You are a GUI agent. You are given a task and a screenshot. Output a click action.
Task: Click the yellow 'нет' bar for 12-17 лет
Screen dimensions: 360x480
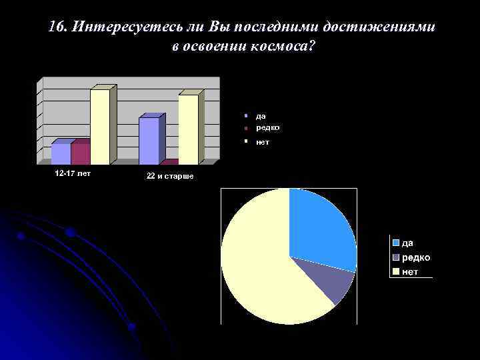100,127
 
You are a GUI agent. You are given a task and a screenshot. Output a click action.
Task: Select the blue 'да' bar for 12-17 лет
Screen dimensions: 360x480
61,153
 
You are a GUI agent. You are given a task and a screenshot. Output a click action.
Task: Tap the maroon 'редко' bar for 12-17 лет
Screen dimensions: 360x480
80,153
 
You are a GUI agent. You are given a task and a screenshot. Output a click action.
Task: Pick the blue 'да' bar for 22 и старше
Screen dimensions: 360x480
149,140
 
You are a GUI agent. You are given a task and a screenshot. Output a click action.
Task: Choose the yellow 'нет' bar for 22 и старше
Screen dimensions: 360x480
188,129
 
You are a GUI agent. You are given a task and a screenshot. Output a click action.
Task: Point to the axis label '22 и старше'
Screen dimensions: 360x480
170,176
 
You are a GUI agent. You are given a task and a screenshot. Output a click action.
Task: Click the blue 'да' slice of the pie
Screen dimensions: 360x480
320,227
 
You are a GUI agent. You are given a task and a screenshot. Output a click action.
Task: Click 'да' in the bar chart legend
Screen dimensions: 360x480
261,115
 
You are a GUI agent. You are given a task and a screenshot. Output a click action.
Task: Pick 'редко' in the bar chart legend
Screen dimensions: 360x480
267,127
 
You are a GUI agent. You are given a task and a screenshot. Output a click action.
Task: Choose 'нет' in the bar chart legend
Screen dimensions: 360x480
263,142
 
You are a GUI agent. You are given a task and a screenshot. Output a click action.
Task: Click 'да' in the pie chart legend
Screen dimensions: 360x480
407,243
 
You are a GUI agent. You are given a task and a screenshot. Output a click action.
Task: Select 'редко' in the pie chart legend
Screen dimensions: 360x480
415,257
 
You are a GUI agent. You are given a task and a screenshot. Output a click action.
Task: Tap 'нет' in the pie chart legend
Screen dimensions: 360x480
409,271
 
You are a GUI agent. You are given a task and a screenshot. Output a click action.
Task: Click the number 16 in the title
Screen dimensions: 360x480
57,27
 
